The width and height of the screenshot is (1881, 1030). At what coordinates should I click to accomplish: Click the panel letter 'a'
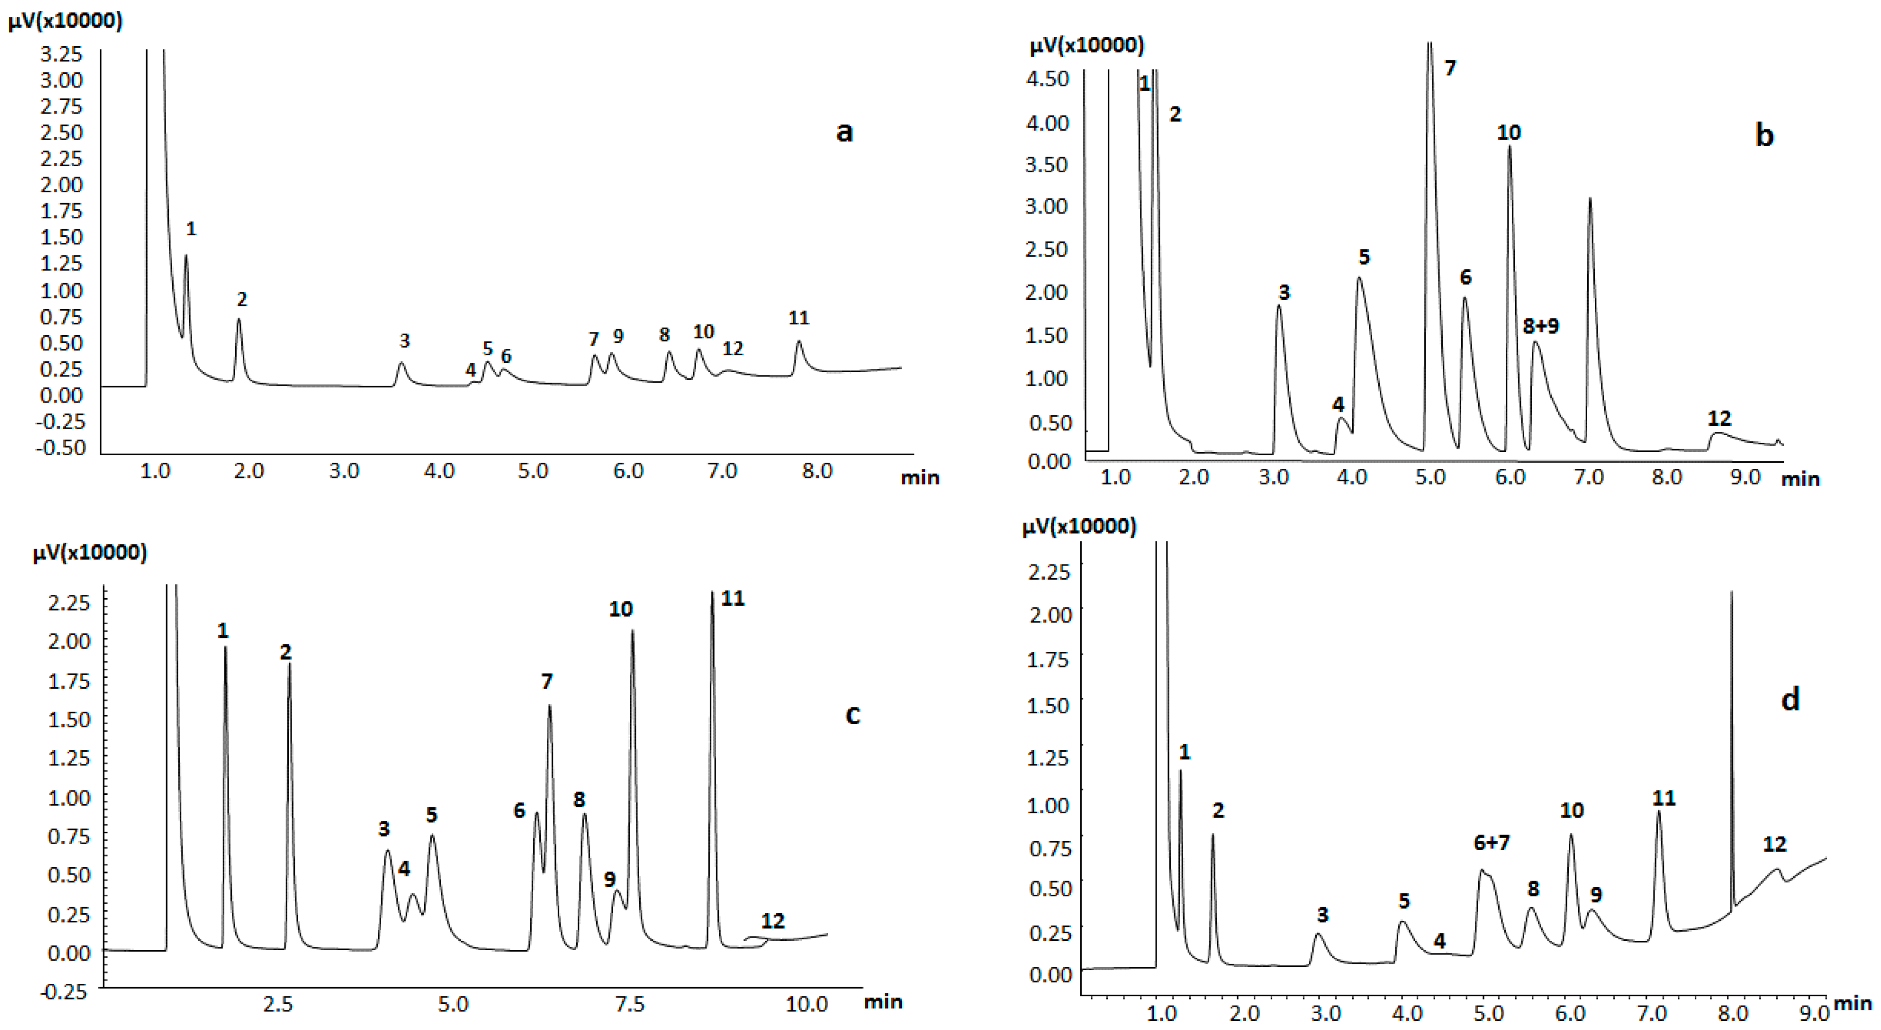(844, 132)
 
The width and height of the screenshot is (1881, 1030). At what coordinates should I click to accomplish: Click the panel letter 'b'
(1764, 135)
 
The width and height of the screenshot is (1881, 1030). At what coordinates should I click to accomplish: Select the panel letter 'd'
(1790, 699)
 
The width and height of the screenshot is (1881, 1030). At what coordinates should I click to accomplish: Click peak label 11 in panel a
(799, 318)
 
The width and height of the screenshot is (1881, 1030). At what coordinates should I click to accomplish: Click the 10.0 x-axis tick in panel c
(806, 1004)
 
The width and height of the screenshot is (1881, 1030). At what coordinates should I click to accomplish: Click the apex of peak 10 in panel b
(1510, 147)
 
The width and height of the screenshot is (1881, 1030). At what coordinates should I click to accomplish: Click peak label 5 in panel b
(1364, 256)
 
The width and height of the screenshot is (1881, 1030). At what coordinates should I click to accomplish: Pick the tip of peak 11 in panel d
(1659, 812)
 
